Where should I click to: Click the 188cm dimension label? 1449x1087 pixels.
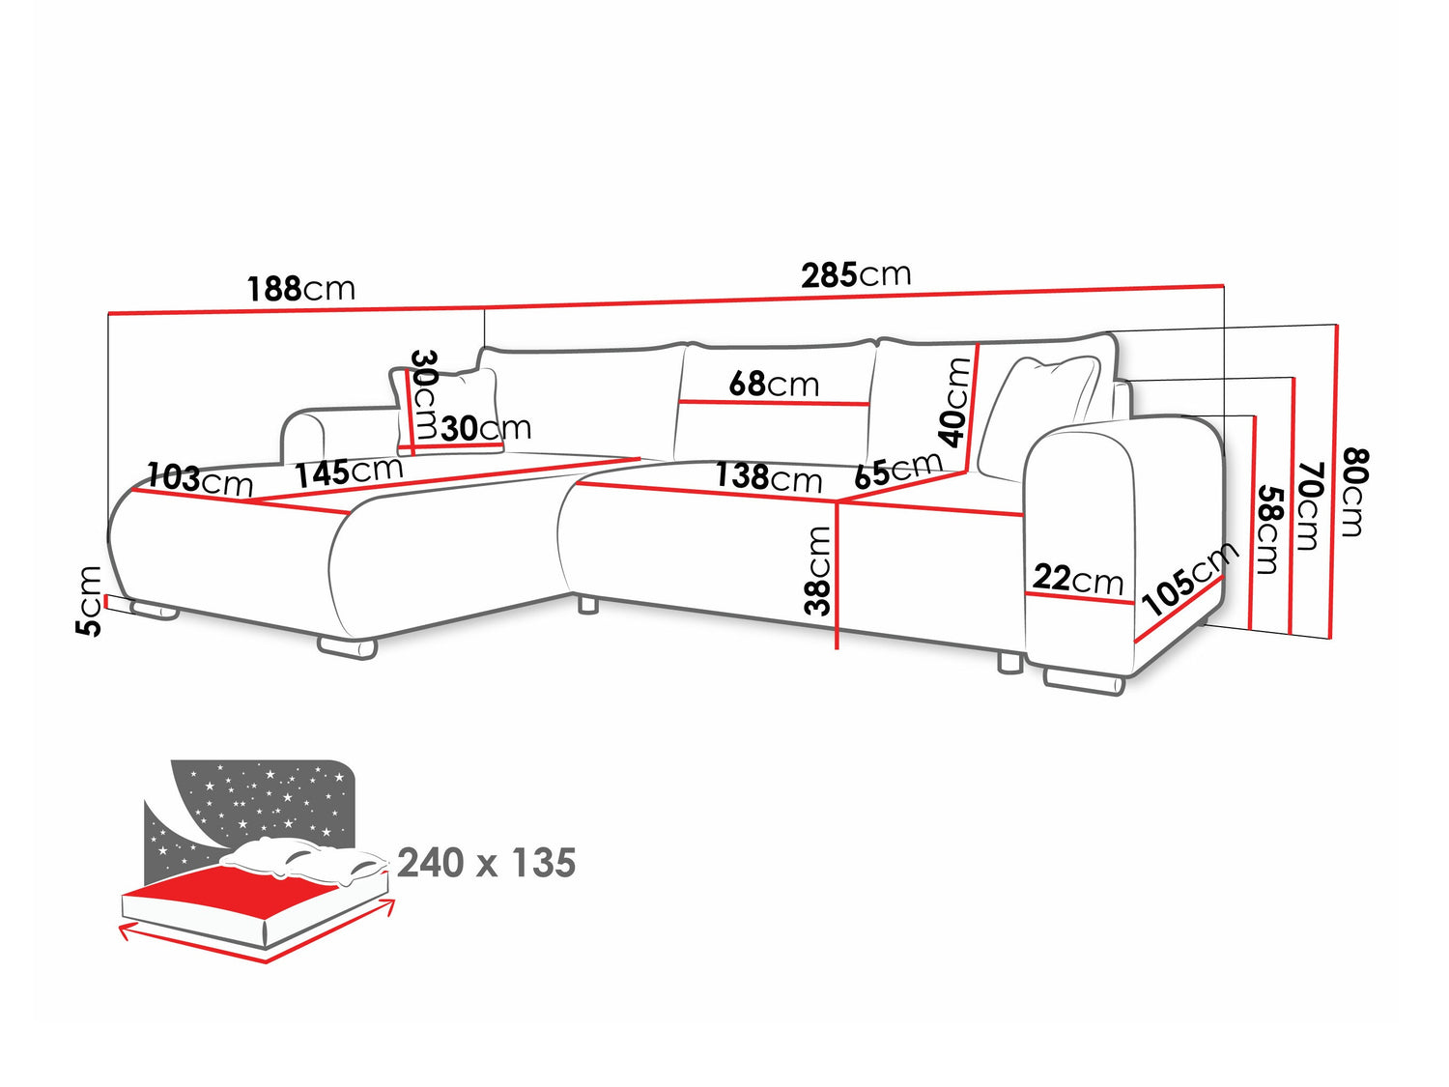(300, 288)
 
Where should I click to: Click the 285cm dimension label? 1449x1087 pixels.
(856, 275)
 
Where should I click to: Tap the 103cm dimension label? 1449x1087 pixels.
(200, 478)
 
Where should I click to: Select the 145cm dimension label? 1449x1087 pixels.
(348, 472)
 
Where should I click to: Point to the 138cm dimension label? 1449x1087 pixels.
(768, 476)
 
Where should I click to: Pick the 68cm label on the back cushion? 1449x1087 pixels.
(773, 384)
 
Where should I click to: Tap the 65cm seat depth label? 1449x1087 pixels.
(897, 471)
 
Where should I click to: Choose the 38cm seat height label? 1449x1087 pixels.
(818, 570)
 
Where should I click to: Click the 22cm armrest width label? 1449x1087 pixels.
(1078, 579)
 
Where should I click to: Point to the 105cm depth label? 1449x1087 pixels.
(1189, 579)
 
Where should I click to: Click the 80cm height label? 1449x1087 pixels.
(1353, 492)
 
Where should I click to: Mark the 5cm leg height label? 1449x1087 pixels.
(89, 600)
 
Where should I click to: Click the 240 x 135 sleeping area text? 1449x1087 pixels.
(486, 863)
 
